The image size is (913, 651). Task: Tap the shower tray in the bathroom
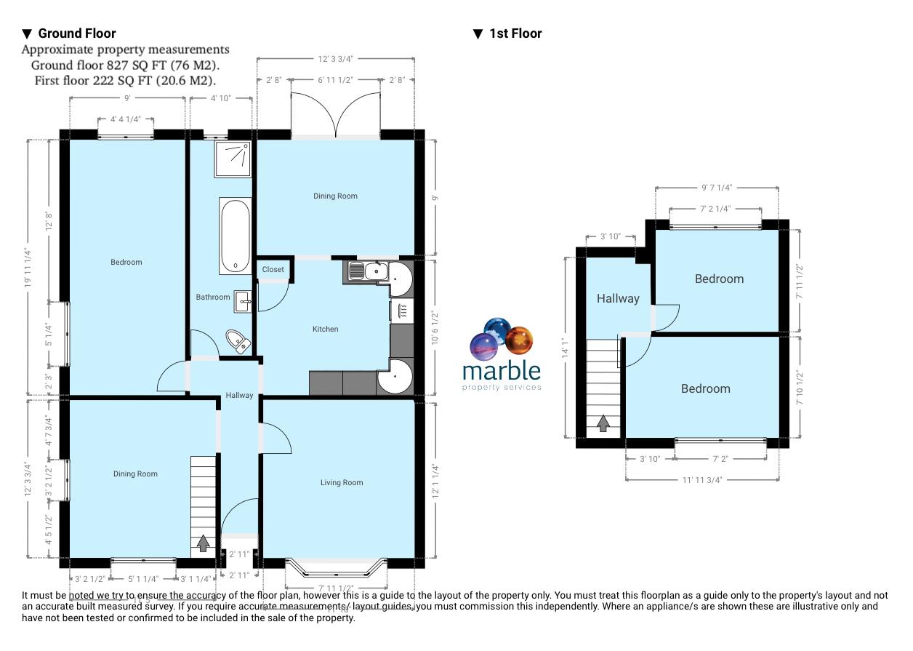tap(233, 159)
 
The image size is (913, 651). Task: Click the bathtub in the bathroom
tap(236, 236)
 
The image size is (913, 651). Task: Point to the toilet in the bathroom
tap(238, 340)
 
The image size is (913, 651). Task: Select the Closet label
tap(273, 270)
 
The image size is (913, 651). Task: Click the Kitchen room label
tap(325, 330)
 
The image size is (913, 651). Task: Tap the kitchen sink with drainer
tap(367, 271)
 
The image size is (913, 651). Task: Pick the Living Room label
tap(342, 483)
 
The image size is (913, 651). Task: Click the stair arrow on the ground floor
tap(203, 543)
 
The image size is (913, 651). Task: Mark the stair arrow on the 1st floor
tap(603, 423)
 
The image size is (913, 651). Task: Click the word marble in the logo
tap(502, 371)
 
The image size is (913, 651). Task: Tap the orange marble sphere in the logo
tap(519, 340)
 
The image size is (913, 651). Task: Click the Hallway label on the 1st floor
tap(618, 298)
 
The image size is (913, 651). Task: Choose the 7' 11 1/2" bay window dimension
tap(336, 588)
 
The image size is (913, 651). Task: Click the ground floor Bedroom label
tap(126, 263)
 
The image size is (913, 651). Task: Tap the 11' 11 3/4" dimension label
tap(703, 479)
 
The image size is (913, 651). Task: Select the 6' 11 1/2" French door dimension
tap(336, 80)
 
